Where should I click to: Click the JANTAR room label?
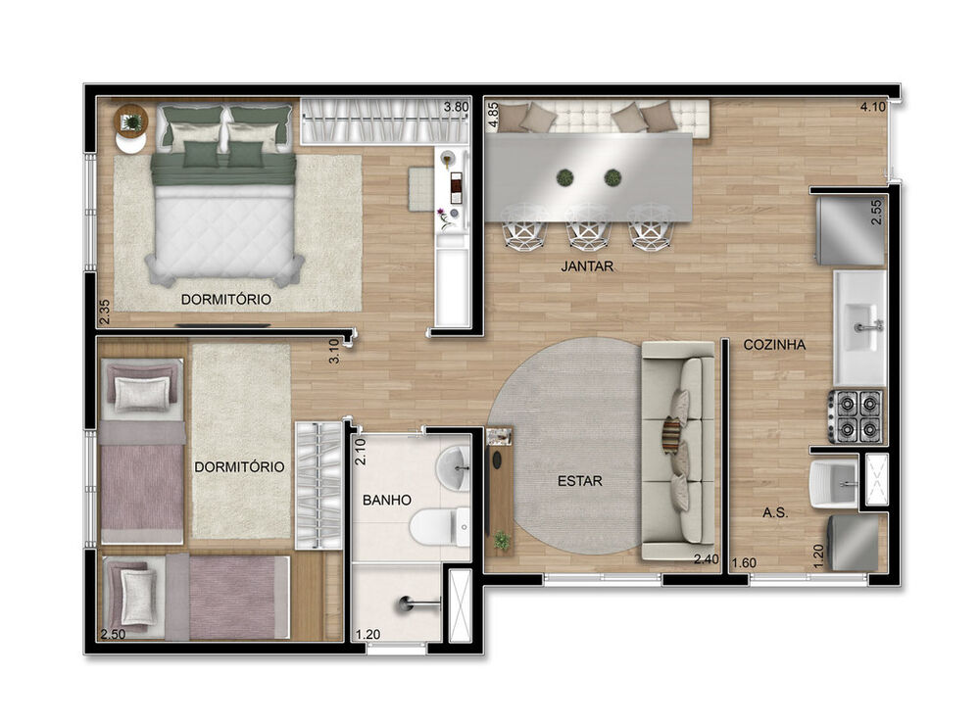coord(588,265)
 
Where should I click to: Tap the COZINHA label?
coord(774,345)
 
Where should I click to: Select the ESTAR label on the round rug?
coord(580,481)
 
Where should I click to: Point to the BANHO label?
coord(386,500)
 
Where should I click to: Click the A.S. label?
coord(777,512)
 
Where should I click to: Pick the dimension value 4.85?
coord(494,116)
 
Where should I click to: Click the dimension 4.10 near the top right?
coord(874,107)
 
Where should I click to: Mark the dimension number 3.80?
coord(456,107)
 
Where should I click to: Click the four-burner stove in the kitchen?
coord(856,415)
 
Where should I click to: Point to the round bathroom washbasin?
coord(454,469)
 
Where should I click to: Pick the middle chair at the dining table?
coord(588,225)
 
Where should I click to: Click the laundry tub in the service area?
coord(832,483)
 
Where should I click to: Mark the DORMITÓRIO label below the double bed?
coord(225,298)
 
